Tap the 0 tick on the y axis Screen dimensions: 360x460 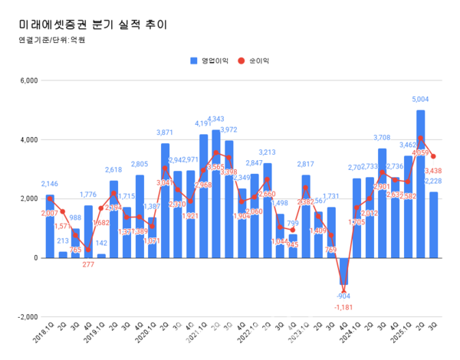(x=34, y=258)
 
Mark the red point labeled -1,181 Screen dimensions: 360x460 (x=344, y=293)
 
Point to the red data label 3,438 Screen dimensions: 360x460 (x=434, y=170)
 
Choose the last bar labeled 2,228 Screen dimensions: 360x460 (x=434, y=225)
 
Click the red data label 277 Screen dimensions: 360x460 (x=88, y=264)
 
